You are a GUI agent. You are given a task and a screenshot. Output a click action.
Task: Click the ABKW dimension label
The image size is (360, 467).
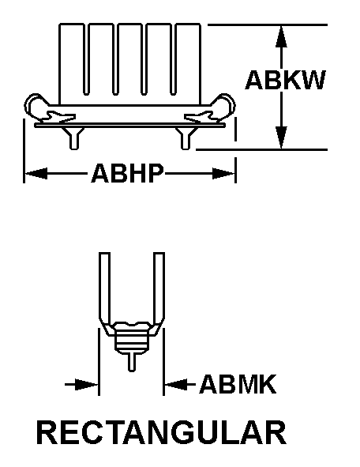[286, 80]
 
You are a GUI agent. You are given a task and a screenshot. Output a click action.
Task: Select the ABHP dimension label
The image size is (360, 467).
[128, 173]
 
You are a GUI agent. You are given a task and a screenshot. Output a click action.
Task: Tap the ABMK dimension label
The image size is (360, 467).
[238, 384]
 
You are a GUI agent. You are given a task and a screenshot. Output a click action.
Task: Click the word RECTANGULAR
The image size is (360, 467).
[161, 432]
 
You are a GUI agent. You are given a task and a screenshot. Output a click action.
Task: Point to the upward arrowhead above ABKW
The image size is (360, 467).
[281, 36]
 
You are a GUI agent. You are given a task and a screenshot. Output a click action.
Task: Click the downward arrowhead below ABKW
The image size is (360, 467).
[281, 137]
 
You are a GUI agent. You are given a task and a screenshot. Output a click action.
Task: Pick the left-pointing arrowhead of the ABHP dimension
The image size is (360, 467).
[36, 173]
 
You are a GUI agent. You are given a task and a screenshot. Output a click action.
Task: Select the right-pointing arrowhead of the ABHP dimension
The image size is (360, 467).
[223, 173]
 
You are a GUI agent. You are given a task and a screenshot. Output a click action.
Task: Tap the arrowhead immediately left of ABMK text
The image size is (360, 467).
[176, 385]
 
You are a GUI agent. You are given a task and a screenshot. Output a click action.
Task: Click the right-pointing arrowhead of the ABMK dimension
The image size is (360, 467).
[87, 385]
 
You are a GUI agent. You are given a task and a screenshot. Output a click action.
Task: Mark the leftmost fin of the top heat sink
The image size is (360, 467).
[71, 64]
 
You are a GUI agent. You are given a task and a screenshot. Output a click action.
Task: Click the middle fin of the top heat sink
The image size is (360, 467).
[129, 59]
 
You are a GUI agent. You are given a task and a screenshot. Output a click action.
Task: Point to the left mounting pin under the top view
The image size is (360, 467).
[74, 138]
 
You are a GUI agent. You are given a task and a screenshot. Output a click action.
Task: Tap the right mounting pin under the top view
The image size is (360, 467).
[186, 138]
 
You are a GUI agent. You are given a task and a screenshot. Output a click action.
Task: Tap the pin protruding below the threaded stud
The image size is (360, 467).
[132, 362]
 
